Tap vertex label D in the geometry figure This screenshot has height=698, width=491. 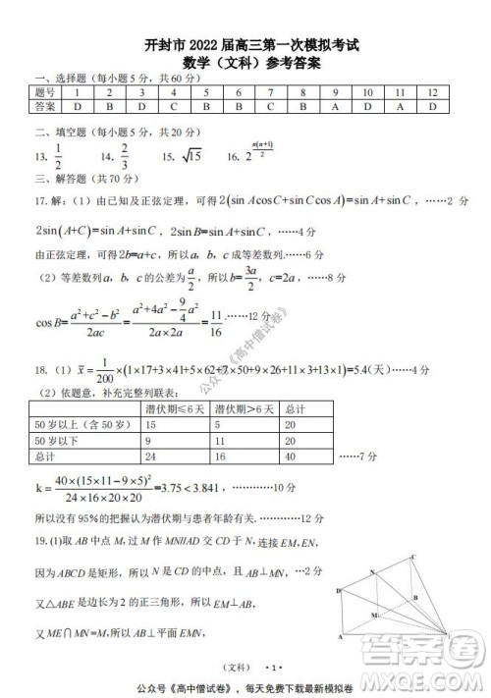pyautogui.click(x=338, y=591)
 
